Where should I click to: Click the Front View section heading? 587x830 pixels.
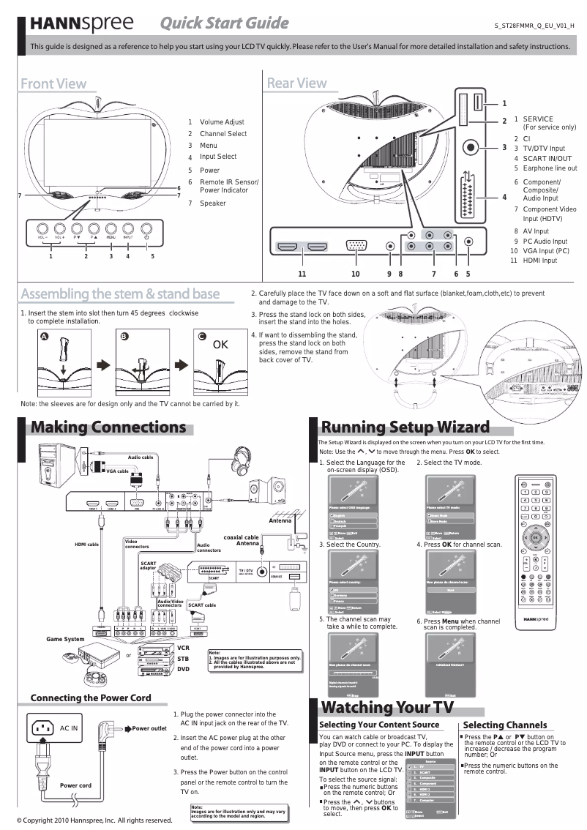(x=53, y=83)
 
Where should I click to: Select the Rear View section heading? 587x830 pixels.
(x=296, y=83)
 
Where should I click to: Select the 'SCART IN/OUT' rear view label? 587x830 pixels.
(x=547, y=158)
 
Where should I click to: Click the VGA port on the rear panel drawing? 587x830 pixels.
(x=356, y=247)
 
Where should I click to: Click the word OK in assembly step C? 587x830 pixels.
(x=221, y=344)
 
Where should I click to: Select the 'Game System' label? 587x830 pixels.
(x=65, y=639)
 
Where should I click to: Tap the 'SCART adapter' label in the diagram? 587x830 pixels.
(x=149, y=566)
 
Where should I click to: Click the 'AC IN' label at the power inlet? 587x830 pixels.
(x=69, y=728)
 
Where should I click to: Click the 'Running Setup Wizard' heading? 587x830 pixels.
(x=405, y=427)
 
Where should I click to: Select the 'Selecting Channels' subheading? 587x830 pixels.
(x=505, y=725)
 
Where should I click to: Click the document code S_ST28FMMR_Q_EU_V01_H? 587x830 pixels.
(x=534, y=26)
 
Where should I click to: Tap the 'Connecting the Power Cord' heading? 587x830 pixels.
(x=91, y=698)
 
